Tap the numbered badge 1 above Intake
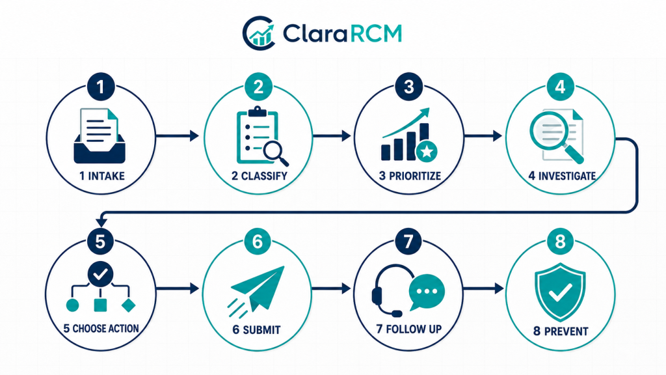pyautogui.click(x=101, y=87)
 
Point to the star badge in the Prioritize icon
pyautogui.click(x=427, y=152)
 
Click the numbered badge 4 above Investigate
pyautogui.click(x=560, y=87)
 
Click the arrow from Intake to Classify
pyautogui.click(x=177, y=136)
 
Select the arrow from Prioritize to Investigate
pyautogui.click(x=483, y=136)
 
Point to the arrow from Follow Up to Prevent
pyautogui.click(x=483, y=288)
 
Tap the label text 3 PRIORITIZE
pyautogui.click(x=410, y=176)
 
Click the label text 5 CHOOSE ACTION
pyautogui.click(x=101, y=329)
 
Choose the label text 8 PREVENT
pyautogui.click(x=561, y=331)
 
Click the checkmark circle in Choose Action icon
pyautogui.click(x=101, y=274)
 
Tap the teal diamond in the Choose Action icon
pyautogui.click(x=128, y=305)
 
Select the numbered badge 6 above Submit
pyautogui.click(x=258, y=242)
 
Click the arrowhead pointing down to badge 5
pyautogui.click(x=101, y=223)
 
